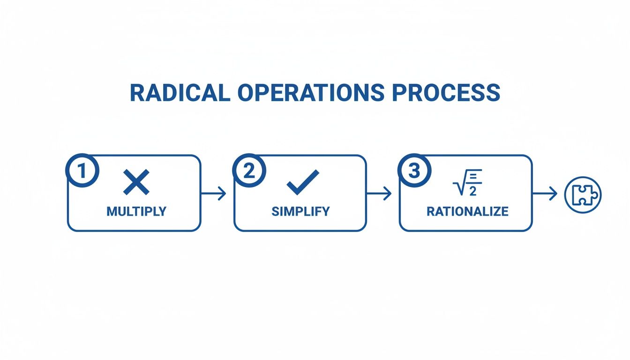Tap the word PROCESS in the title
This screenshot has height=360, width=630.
pos(446,93)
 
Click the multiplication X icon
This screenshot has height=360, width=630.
pos(136,182)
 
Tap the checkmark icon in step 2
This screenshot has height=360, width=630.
pos(302,182)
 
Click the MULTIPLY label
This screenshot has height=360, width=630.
pos(136,211)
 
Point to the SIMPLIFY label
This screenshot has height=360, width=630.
pos(300,211)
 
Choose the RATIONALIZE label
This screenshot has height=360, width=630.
pos(467,211)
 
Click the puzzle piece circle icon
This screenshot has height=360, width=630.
pos(583,194)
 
